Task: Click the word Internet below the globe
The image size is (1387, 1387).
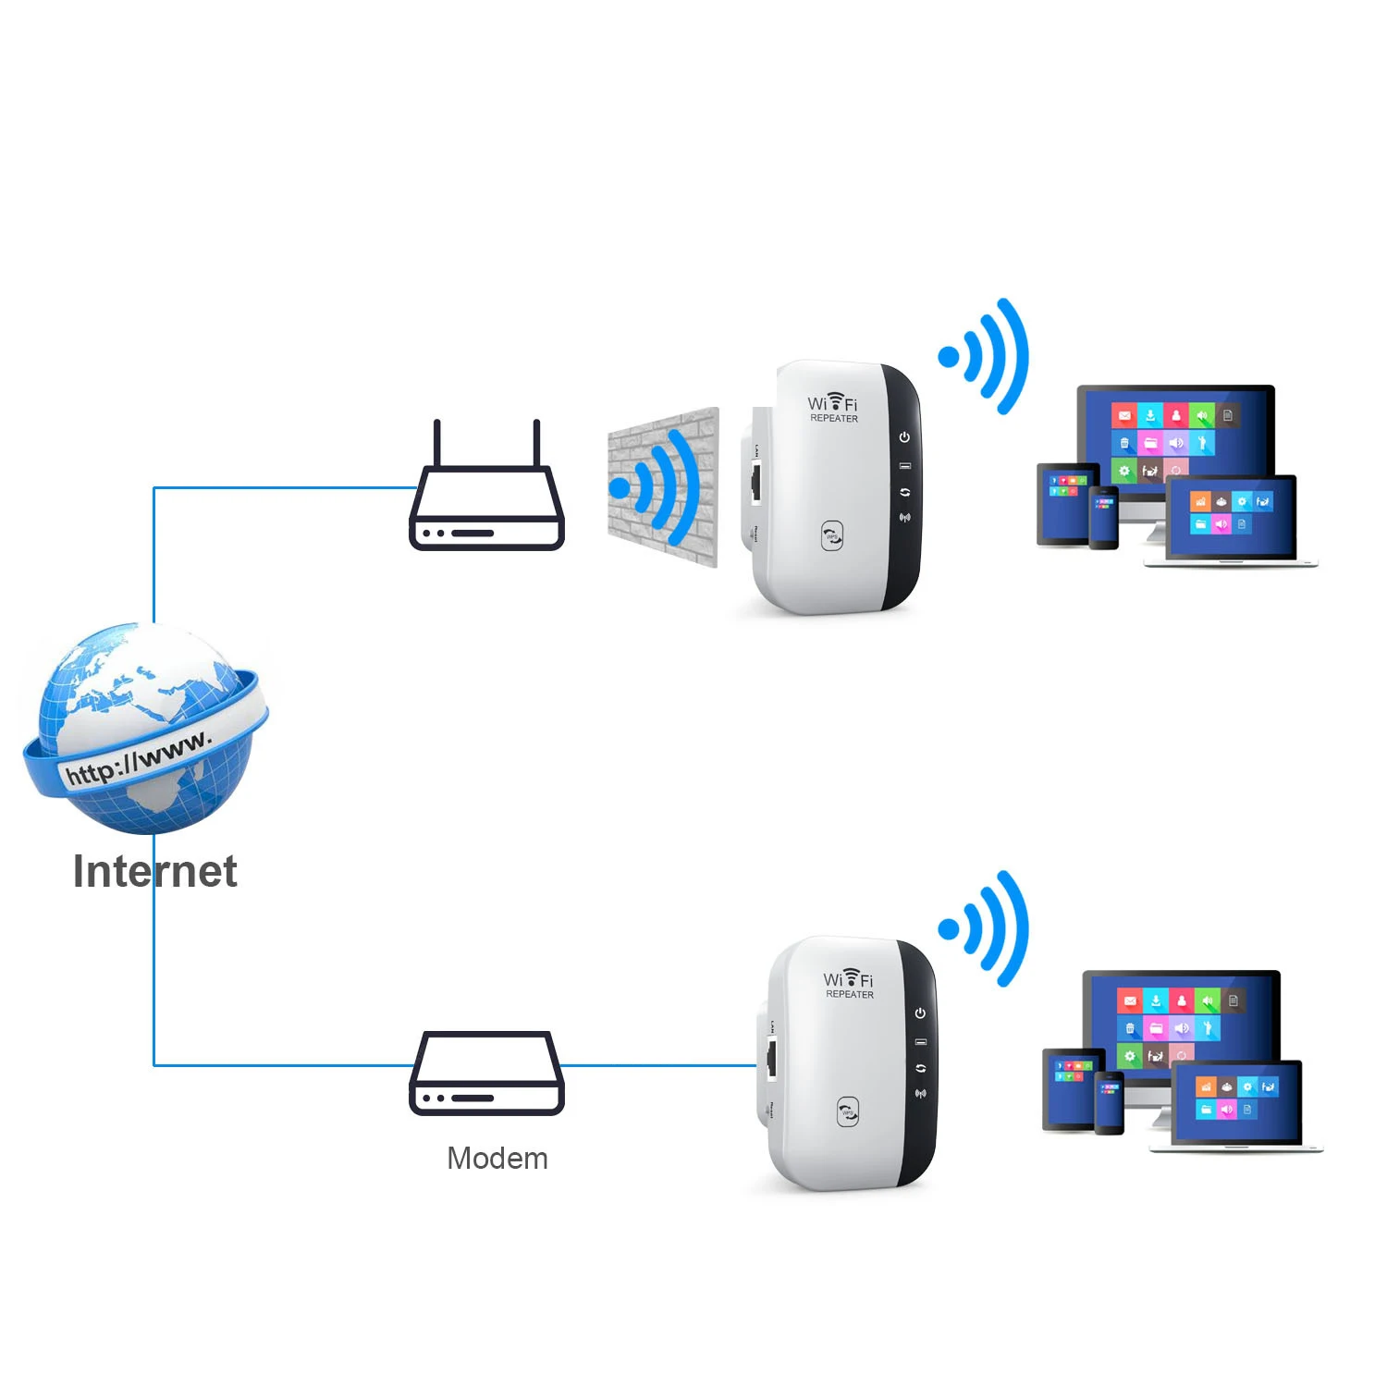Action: pos(155,871)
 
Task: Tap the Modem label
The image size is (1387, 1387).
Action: pos(497,1158)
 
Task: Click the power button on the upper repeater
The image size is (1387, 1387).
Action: pos(904,437)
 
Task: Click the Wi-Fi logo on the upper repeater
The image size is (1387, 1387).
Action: pos(833,402)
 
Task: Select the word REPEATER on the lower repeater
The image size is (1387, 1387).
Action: pos(850,995)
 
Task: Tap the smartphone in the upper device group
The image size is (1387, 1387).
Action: pos(1103,518)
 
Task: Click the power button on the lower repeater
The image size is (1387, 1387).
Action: pos(920,1013)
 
